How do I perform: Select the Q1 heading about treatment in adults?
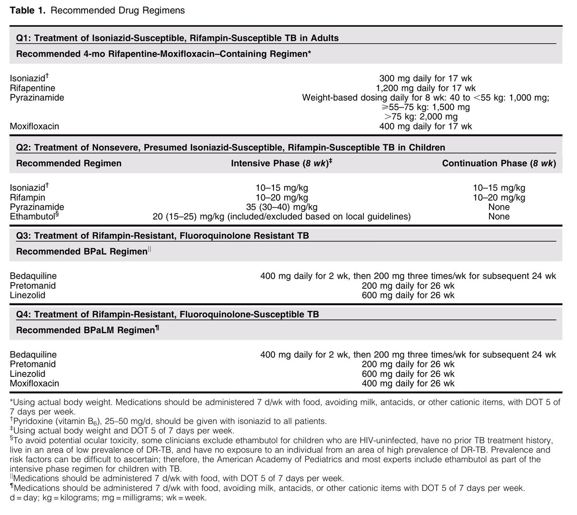pos(177,38)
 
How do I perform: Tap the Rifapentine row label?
pos(32,88)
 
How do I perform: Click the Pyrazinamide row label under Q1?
pos(37,98)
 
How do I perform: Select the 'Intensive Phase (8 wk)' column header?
pos(282,163)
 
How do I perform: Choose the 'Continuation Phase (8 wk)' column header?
pos(499,163)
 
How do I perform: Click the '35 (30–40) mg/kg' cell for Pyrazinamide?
pos(281,207)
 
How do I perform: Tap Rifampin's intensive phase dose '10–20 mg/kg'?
pos(281,197)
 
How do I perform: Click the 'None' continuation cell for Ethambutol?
pos(499,217)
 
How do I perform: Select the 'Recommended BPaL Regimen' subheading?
pos(82,252)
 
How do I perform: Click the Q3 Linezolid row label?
pos(28,295)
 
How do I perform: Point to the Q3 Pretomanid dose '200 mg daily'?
pos(408,285)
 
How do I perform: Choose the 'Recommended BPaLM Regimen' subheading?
pos(86,330)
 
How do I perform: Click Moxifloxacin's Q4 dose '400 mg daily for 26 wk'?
pos(408,384)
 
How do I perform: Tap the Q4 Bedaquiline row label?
pos(33,355)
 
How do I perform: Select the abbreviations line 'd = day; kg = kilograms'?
pos(108,498)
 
